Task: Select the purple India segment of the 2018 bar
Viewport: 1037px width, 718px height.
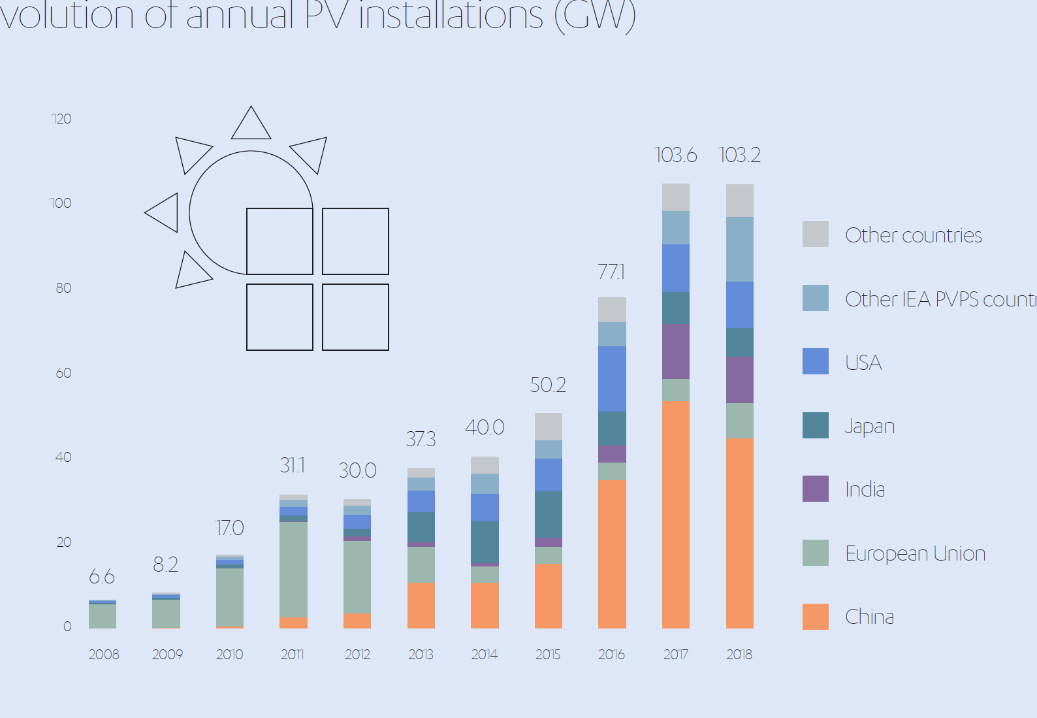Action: coord(739,380)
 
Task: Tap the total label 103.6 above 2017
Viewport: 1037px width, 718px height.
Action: coord(675,155)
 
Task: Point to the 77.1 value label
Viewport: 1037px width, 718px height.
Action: coord(611,272)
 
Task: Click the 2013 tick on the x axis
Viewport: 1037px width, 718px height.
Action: coord(421,655)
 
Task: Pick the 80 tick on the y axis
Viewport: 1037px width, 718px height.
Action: coord(63,288)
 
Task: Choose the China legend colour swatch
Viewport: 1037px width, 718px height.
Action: coord(815,617)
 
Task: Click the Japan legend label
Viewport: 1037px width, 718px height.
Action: coord(869,426)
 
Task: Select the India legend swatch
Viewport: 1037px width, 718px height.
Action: coord(815,489)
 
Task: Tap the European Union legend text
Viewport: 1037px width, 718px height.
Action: coord(915,553)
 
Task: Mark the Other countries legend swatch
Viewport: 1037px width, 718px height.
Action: coord(815,234)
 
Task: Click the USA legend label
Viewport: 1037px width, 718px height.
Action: coord(863,363)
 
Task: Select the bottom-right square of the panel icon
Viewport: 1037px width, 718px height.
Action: coord(355,317)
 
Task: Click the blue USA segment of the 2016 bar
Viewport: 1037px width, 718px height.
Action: coord(612,379)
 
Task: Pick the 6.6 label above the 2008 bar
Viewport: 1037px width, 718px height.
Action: coord(102,577)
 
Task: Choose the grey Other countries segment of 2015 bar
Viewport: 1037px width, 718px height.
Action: coord(548,427)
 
